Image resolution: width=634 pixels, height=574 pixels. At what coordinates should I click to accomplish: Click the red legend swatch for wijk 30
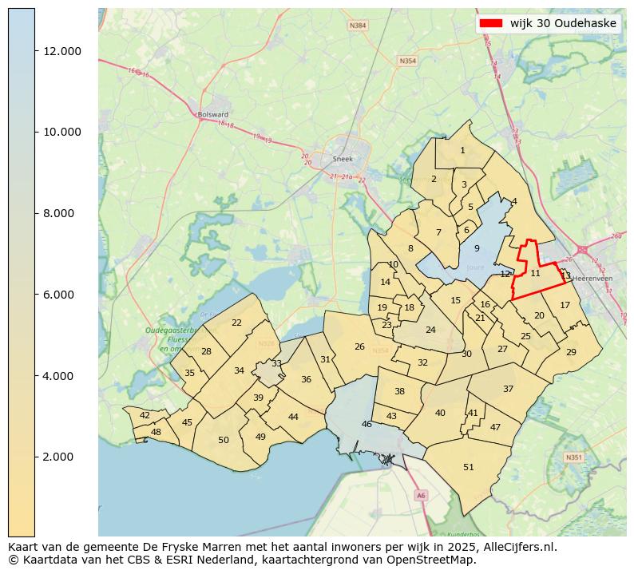pos(490,23)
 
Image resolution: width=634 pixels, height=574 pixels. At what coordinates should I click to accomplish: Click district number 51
pos(469,467)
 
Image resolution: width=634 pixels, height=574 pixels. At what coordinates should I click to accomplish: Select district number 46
pos(367,424)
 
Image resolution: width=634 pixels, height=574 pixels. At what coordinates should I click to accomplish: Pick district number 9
pos(477,248)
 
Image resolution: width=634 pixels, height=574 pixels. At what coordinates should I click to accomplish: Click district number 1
pos(462,150)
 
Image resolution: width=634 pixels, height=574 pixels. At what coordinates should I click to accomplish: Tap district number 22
pos(236,323)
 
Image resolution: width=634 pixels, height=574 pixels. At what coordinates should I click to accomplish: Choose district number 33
pos(276,363)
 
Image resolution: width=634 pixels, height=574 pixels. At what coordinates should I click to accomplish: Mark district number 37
pos(508,389)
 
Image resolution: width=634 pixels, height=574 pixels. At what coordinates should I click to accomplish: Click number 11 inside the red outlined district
pos(535,273)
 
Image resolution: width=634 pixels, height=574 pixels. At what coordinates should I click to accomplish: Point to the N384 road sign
pos(359,26)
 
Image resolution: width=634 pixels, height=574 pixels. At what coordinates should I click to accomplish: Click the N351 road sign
pos(573,457)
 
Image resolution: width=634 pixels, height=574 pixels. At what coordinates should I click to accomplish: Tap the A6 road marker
pos(421,496)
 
